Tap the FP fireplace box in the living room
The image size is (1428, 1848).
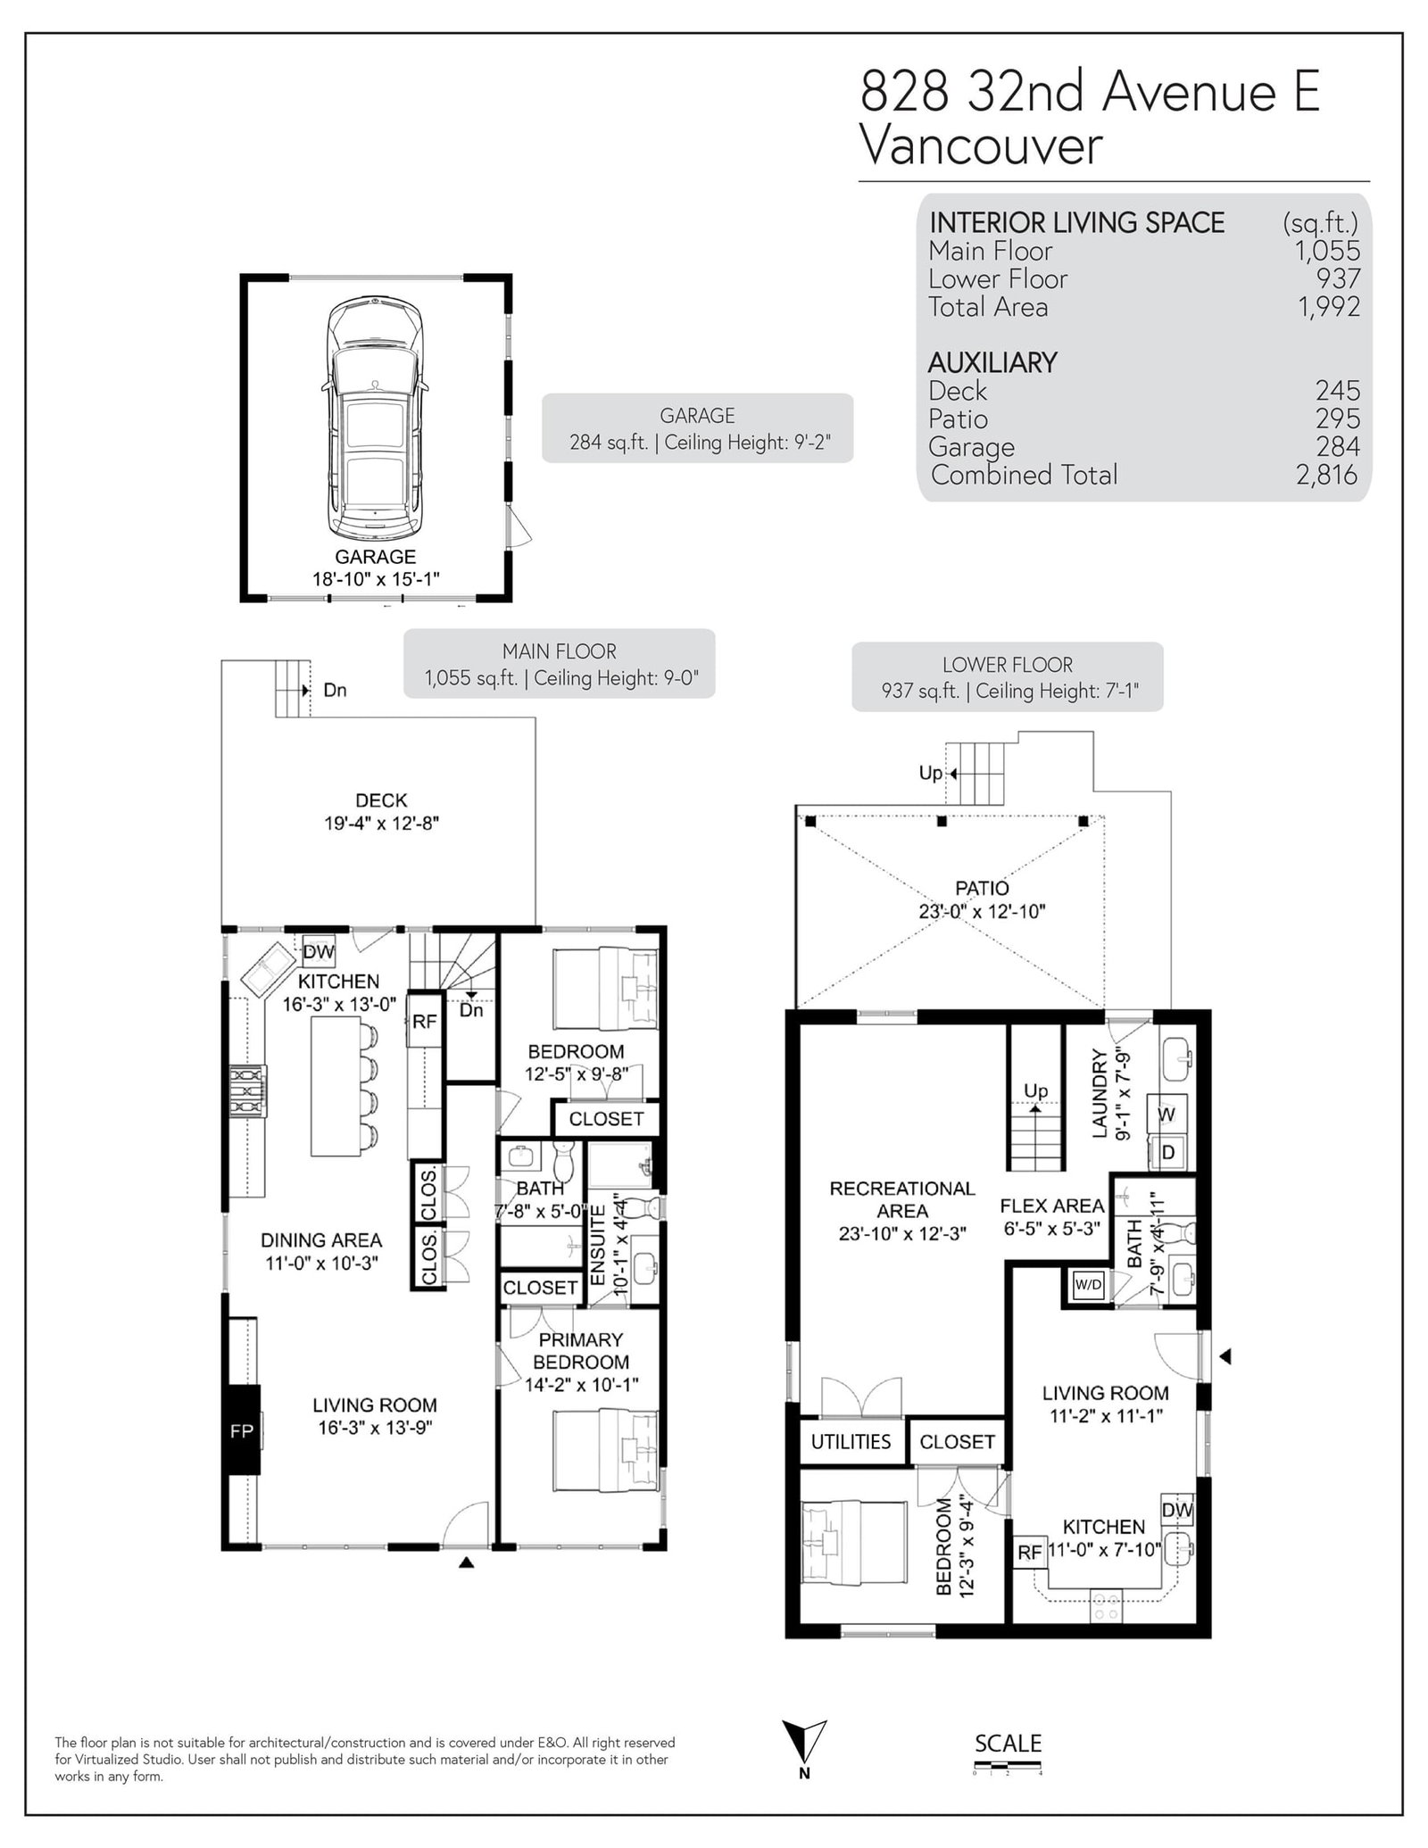(x=242, y=1430)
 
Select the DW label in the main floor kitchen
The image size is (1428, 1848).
(x=318, y=951)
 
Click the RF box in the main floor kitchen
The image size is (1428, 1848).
(x=425, y=1021)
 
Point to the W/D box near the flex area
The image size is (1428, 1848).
(x=1088, y=1286)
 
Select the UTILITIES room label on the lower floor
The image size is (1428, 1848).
(x=851, y=1441)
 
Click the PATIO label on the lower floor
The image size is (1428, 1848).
(x=982, y=888)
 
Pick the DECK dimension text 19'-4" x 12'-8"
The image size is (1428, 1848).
(x=381, y=823)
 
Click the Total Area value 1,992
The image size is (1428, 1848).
(x=1328, y=307)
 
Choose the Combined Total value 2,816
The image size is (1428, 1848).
(x=1327, y=475)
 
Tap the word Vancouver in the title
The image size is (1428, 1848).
(x=981, y=145)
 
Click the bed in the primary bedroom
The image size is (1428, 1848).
(x=606, y=1454)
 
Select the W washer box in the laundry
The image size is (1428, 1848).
(x=1167, y=1114)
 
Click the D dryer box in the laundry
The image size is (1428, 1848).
(x=1167, y=1153)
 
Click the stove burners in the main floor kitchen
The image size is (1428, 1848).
(x=246, y=1092)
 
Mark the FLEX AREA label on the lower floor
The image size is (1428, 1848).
(x=1052, y=1206)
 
